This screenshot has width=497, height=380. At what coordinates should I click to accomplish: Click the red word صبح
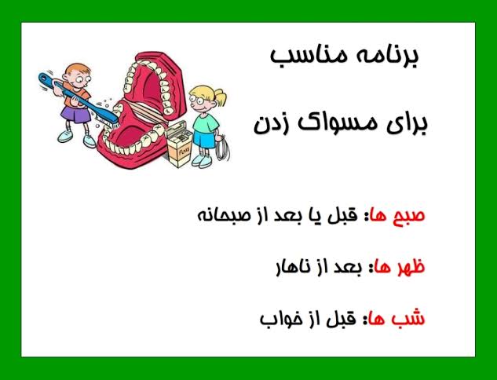(x=410, y=216)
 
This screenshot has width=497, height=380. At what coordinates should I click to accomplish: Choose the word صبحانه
(x=221, y=215)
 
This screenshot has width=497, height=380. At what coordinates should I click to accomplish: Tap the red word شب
(x=408, y=317)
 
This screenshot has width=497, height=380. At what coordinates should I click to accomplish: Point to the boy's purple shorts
(x=75, y=115)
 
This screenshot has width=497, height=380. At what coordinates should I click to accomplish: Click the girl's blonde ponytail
(x=220, y=97)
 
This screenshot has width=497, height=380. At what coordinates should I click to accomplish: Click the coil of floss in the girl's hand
(x=222, y=148)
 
